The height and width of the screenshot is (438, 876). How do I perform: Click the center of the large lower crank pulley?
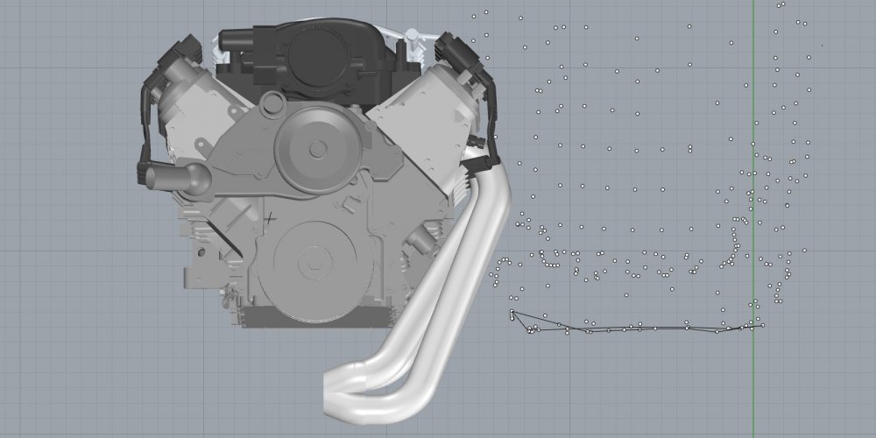click(x=312, y=260)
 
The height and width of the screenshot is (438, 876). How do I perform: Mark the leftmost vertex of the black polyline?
click(x=511, y=312)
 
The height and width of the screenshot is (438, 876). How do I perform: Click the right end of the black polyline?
click(x=761, y=326)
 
